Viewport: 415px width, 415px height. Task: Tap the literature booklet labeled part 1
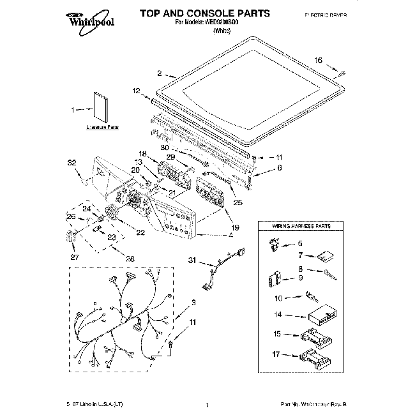[x=101, y=108]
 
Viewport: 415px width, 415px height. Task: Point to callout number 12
[x=135, y=91]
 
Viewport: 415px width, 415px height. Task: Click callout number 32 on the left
[x=72, y=162]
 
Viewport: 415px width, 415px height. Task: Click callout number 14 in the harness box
[x=277, y=315]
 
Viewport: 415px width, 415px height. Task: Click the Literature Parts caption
[x=102, y=128]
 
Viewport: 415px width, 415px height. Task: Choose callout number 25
[x=238, y=203]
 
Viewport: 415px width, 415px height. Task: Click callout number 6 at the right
[x=278, y=168]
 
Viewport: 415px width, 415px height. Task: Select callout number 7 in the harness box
[x=299, y=255]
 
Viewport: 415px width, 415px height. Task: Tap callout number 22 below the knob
[x=140, y=232]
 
